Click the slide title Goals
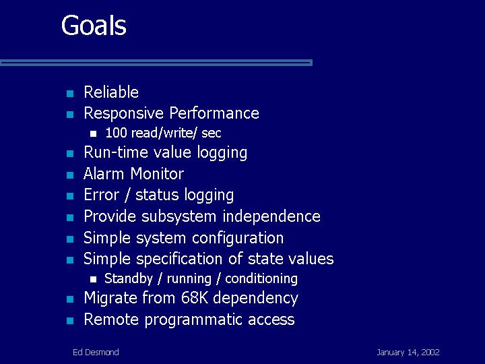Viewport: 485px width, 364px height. pyautogui.click(x=94, y=26)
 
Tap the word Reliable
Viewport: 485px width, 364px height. pyautogui.click(x=111, y=92)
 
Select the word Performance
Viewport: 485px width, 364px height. pyautogui.click(x=214, y=113)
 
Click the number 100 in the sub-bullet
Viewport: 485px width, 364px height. pyautogui.click(x=116, y=133)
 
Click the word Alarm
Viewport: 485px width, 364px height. pyautogui.click(x=103, y=173)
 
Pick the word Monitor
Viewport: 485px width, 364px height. pyautogui.click(x=157, y=173)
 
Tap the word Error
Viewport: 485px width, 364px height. pyautogui.click(x=102, y=195)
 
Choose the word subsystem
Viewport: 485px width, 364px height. pyautogui.click(x=179, y=216)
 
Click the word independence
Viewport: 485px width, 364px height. pyautogui.click(x=271, y=216)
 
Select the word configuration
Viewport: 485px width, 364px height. pyautogui.click(x=238, y=238)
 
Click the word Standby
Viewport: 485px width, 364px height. pyautogui.click(x=129, y=278)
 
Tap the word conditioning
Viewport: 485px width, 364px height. pyautogui.click(x=261, y=278)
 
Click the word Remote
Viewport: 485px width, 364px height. pyautogui.click(x=111, y=320)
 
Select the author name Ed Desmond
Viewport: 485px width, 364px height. pyautogui.click(x=96, y=353)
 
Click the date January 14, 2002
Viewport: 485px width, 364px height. pyautogui.click(x=408, y=353)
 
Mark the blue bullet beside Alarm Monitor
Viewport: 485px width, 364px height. pyautogui.click(x=70, y=175)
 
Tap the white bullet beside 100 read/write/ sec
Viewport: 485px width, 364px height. pyautogui.click(x=94, y=134)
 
